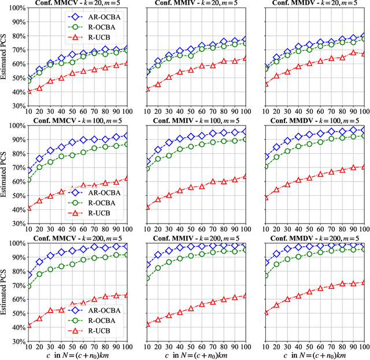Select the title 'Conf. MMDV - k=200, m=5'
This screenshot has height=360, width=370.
(313, 237)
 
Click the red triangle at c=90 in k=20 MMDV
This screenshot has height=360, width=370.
(353, 53)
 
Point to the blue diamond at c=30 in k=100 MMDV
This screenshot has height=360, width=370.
(288, 140)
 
